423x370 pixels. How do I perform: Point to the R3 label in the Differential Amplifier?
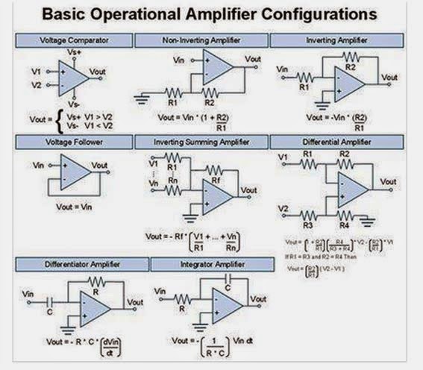coord(306,224)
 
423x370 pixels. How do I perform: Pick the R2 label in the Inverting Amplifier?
coord(349,65)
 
